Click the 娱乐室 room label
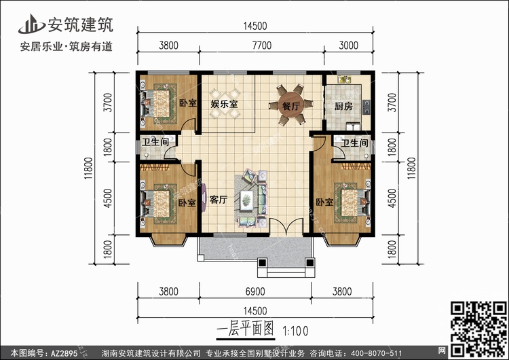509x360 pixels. pos(225,104)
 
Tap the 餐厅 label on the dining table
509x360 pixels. pos(291,105)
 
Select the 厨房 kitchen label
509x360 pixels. pos(343,106)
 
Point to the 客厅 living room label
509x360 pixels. pos(219,200)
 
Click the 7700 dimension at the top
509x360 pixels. pos(262,45)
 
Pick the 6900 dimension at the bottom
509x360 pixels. pos(255,291)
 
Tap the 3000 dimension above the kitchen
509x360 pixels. pos(349,45)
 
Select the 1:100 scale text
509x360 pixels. pos(295,331)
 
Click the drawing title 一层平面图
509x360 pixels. pos(246,329)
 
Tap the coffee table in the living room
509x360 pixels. pos(247,198)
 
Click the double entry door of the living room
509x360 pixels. pos(286,227)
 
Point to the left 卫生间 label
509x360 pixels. pos(155,142)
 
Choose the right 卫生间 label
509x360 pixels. pos(354,143)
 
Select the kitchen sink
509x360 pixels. pos(345,79)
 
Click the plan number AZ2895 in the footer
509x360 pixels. pos(64,353)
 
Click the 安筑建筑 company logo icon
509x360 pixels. pos(31,24)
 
